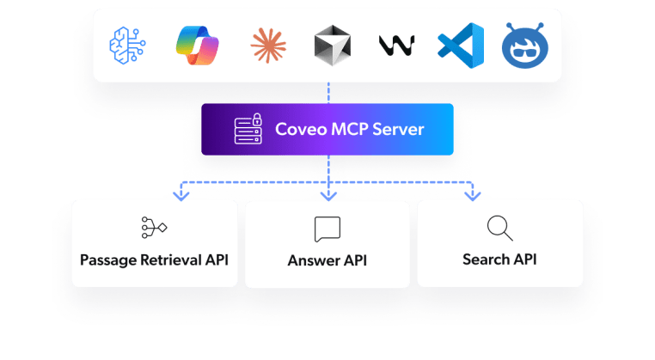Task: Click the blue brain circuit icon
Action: click(128, 45)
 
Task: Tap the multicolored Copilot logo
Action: click(197, 45)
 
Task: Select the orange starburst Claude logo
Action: click(266, 45)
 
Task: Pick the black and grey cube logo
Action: click(328, 45)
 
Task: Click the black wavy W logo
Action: click(396, 45)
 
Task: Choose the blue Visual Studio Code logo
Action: click(461, 45)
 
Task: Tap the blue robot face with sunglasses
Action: click(523, 45)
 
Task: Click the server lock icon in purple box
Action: click(248, 130)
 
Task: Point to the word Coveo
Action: click(297, 130)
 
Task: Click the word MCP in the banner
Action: click(347, 130)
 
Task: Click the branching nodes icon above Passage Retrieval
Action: click(154, 227)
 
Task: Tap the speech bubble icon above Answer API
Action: click(327, 229)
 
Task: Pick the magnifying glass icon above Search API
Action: click(499, 228)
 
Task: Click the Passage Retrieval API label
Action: click(154, 259)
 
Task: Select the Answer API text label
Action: click(327, 259)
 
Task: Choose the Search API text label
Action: click(499, 259)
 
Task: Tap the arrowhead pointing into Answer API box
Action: click(327, 197)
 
